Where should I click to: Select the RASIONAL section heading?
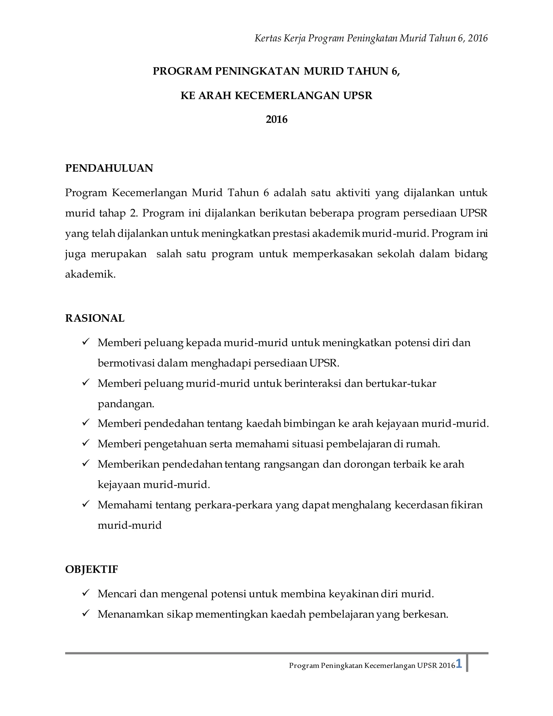95,318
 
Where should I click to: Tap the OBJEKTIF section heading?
92,570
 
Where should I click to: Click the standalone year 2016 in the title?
276,119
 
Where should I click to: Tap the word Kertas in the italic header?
268,38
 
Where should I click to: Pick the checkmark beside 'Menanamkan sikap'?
86,613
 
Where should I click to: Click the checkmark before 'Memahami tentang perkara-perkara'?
86,504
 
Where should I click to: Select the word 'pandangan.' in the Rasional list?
126,404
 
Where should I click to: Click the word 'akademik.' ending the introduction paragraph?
90,274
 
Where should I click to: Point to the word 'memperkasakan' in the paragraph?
332,254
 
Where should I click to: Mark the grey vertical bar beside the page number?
467,663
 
